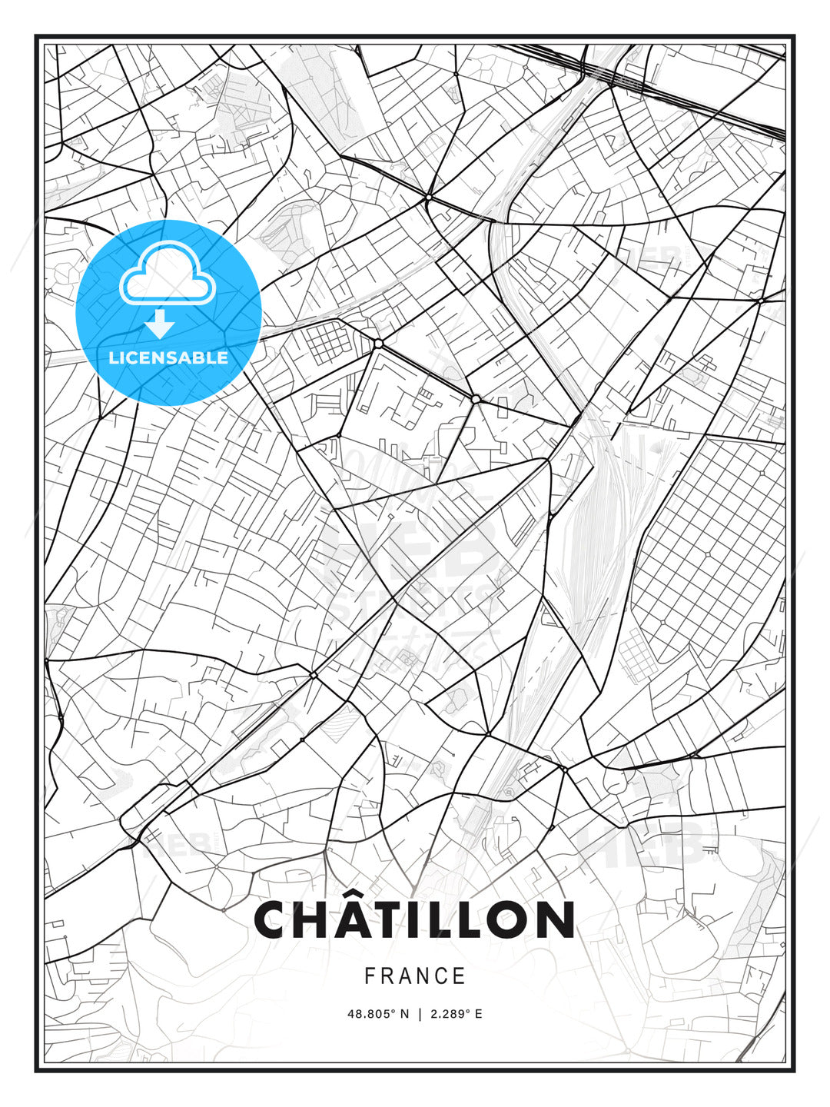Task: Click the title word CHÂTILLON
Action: pyautogui.click(x=414, y=919)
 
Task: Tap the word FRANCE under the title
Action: pyautogui.click(x=415, y=976)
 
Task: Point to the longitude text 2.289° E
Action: pyautogui.click(x=456, y=1014)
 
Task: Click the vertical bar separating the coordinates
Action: pyautogui.click(x=420, y=1014)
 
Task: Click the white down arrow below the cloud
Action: pyautogui.click(x=160, y=324)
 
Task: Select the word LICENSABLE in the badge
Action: pyautogui.click(x=168, y=357)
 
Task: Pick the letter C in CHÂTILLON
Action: pyautogui.click(x=273, y=919)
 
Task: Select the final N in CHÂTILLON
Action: pyautogui.click(x=556, y=919)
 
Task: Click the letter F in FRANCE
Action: pyautogui.click(x=370, y=976)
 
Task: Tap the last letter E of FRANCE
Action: pyautogui.click(x=460, y=976)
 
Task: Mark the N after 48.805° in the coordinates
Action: pyautogui.click(x=405, y=1014)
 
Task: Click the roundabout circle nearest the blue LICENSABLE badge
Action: pyautogui.click(x=378, y=344)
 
